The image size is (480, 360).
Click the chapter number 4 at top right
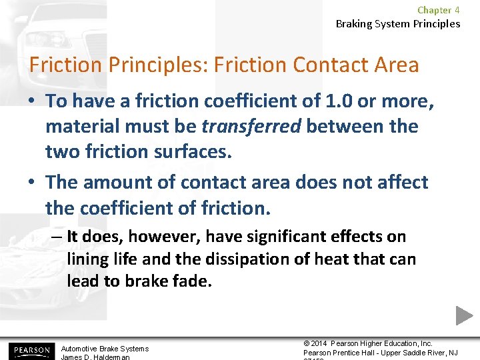pos(457,10)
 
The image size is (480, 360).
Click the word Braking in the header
pos(353,24)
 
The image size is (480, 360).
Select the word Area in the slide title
pos(394,65)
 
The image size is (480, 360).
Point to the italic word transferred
pos(251,126)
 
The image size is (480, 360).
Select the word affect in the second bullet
pos(399,182)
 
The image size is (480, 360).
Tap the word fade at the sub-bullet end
pos(194,281)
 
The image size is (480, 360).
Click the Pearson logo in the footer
pos(29,350)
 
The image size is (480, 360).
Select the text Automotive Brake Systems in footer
pos(105,349)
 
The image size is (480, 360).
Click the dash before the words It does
pos(57,237)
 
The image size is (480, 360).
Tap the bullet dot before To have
pos(33,101)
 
